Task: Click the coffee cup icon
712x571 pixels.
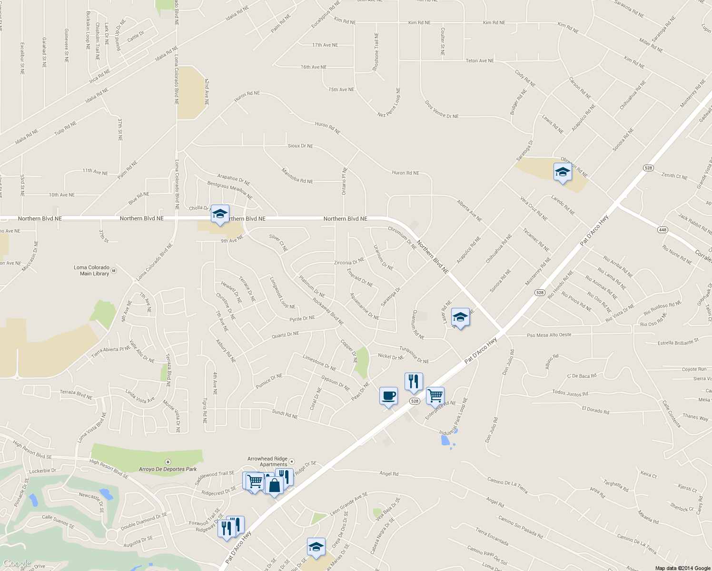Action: [x=388, y=396]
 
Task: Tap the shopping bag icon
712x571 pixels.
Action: [x=275, y=485]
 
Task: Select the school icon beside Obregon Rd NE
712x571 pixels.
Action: [x=563, y=172]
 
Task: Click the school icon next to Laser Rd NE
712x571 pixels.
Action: [x=460, y=317]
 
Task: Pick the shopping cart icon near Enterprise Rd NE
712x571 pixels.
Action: [x=435, y=395]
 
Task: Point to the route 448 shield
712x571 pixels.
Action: [x=663, y=230]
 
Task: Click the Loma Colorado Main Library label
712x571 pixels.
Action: [x=92, y=271]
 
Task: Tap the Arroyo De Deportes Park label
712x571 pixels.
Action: [x=168, y=469]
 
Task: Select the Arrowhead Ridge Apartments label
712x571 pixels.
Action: [x=267, y=462]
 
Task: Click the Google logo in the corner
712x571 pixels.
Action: [x=17, y=563]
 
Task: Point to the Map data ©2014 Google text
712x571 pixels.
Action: [x=682, y=568]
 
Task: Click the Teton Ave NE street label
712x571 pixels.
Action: [x=480, y=61]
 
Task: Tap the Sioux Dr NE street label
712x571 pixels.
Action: [x=300, y=146]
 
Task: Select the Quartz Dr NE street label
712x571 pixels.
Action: [x=285, y=335]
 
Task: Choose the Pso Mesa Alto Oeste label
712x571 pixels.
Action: [x=549, y=335]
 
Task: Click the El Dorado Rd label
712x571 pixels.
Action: [x=595, y=410]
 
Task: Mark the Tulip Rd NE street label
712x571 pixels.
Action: [x=65, y=128]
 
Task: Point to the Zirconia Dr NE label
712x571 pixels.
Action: [x=349, y=262]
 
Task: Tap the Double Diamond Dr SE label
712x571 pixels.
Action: [x=144, y=522]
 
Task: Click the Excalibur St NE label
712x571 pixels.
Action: [x=22, y=58]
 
